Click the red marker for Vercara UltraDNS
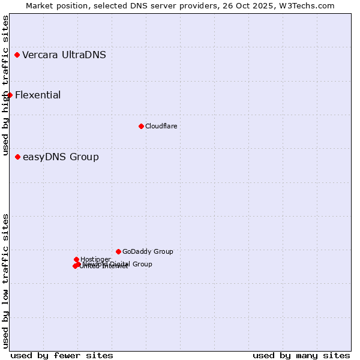coord(17,55)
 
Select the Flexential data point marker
coord(10,95)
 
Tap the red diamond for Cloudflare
coord(141,126)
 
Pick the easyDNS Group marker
coord(17,157)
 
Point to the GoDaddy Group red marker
coord(118,251)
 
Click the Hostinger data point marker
coord(76,259)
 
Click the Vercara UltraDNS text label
coord(64,55)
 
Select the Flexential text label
coord(38,95)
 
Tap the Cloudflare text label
coord(161,126)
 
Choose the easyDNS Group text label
coord(61,157)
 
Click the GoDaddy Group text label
coord(148,251)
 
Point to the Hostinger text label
coord(95,259)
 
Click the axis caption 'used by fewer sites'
coord(62,355)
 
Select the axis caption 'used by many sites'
coord(301,355)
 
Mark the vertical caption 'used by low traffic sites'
coord(5,281)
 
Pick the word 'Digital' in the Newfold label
coord(121,264)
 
